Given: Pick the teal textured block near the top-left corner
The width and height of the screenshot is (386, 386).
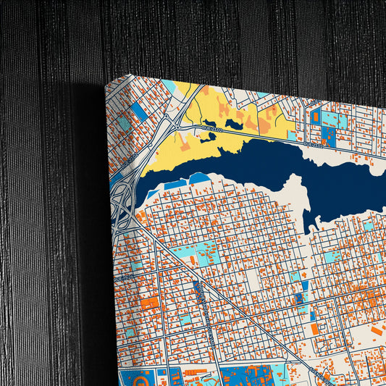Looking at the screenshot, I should coord(124,123).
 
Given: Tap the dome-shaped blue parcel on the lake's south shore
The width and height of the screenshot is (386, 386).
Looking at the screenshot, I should coord(199,177).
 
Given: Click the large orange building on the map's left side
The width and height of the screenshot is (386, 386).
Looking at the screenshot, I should coord(149,302).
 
